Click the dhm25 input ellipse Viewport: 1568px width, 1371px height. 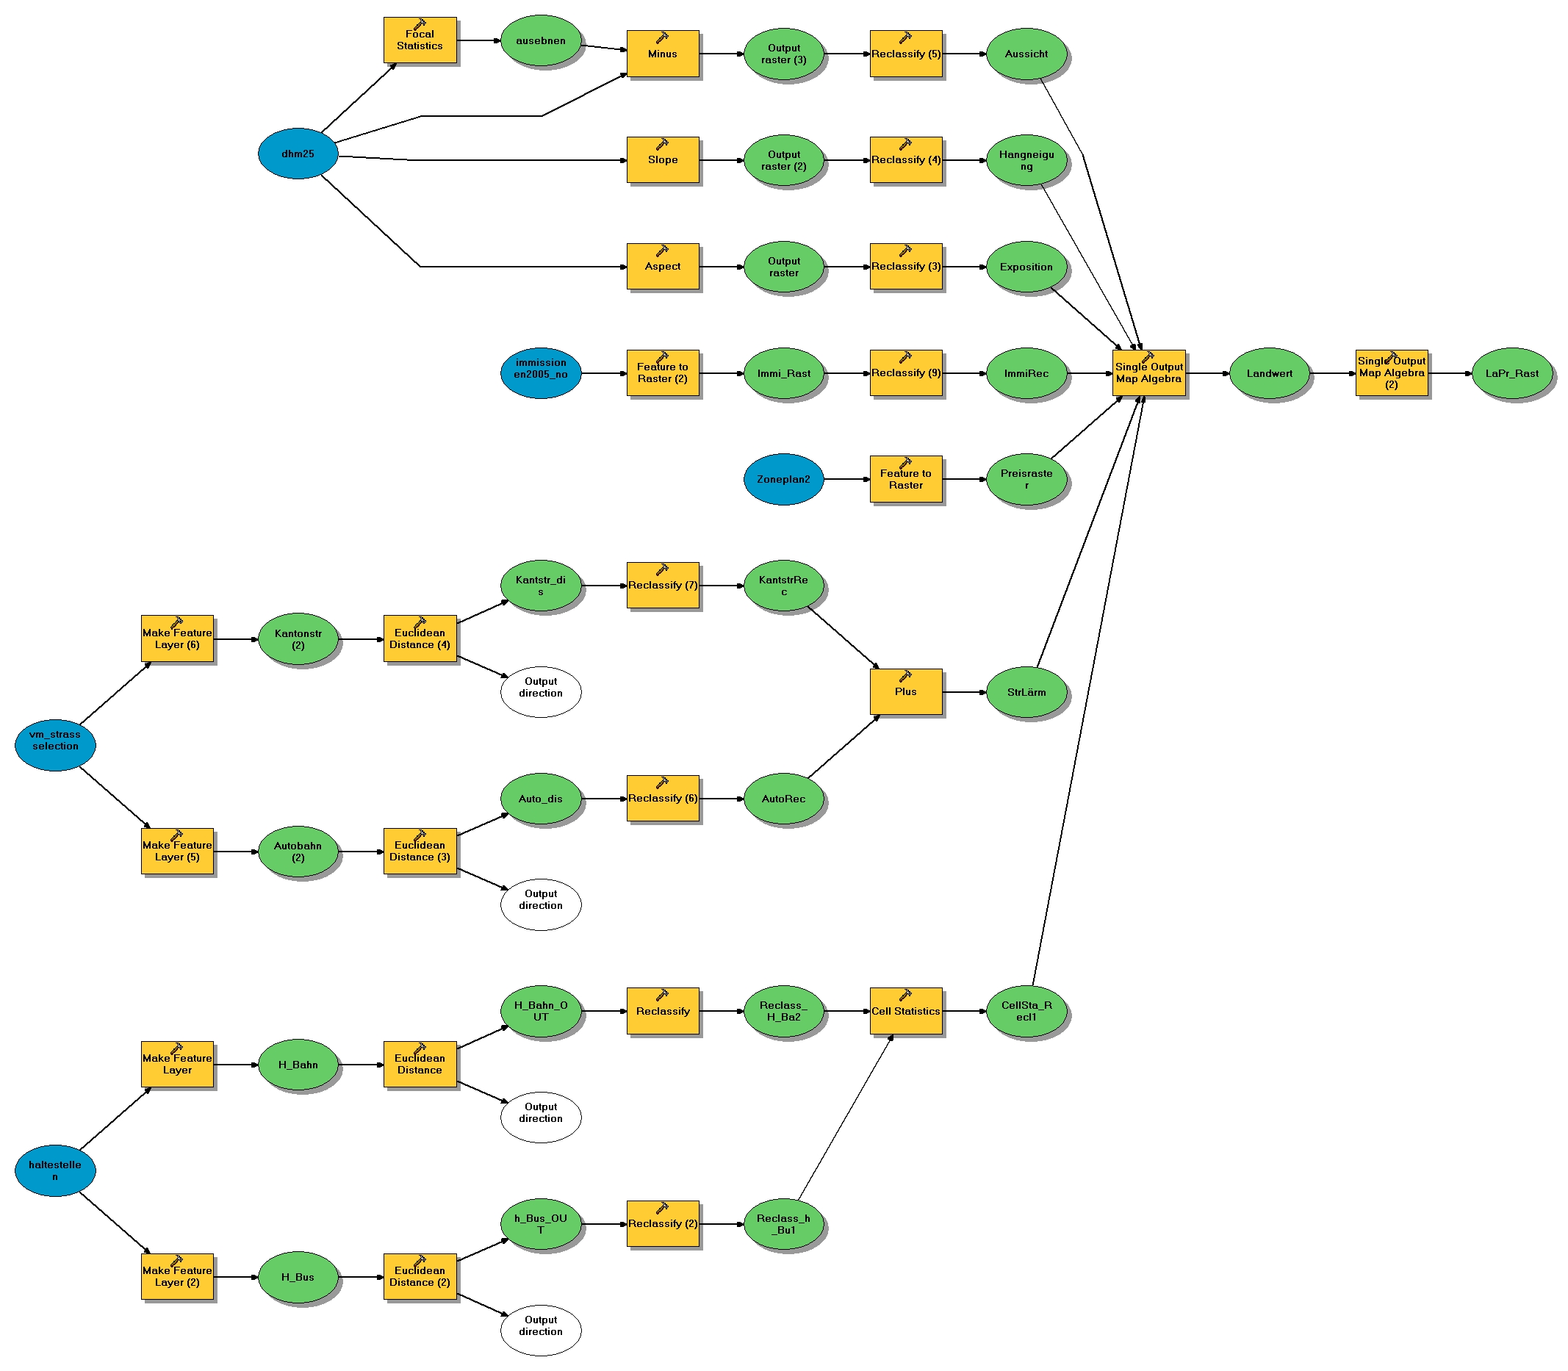[x=297, y=153]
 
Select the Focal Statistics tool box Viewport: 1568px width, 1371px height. [x=420, y=40]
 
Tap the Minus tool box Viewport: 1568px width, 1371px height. [x=662, y=54]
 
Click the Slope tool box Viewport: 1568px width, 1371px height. [x=662, y=160]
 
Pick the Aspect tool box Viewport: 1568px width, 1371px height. [x=662, y=266]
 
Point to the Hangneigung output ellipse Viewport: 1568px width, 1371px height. [x=1026, y=160]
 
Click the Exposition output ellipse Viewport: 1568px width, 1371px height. [x=1026, y=266]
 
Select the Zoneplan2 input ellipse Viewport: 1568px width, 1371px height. [x=783, y=479]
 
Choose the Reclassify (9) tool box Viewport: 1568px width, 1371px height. [x=905, y=373]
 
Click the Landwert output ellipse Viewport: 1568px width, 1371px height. [x=1269, y=373]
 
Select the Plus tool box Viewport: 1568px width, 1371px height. [x=905, y=691]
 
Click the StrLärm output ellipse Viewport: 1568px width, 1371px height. [x=1026, y=692]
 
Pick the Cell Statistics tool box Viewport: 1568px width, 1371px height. [x=905, y=1011]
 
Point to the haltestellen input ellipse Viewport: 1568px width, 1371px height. [x=55, y=1170]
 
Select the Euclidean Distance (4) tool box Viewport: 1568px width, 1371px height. [x=420, y=638]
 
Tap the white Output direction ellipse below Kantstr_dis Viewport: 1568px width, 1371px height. [x=540, y=691]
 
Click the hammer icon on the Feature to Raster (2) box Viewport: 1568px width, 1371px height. [x=662, y=356]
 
